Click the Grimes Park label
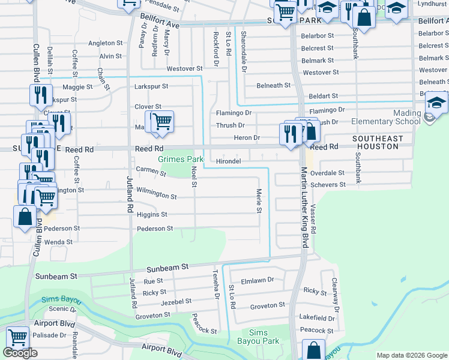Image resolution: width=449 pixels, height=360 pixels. pyautogui.click(x=181, y=160)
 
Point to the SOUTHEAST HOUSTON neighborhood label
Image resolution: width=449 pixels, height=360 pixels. pyautogui.click(x=378, y=143)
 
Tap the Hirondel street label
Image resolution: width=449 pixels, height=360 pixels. pyautogui.click(x=228, y=161)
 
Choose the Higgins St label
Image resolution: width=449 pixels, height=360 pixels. pyautogui.click(x=152, y=214)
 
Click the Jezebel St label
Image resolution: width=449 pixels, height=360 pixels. pyautogui.click(x=176, y=301)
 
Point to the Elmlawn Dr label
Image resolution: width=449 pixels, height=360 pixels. pyautogui.click(x=257, y=280)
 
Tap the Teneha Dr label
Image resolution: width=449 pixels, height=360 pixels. pyautogui.click(x=214, y=284)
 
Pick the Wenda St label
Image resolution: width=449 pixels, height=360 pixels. pyautogui.click(x=59, y=242)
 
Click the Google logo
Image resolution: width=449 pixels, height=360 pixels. pyautogui.click(x=20, y=353)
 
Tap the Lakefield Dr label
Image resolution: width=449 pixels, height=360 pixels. pyautogui.click(x=318, y=318)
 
